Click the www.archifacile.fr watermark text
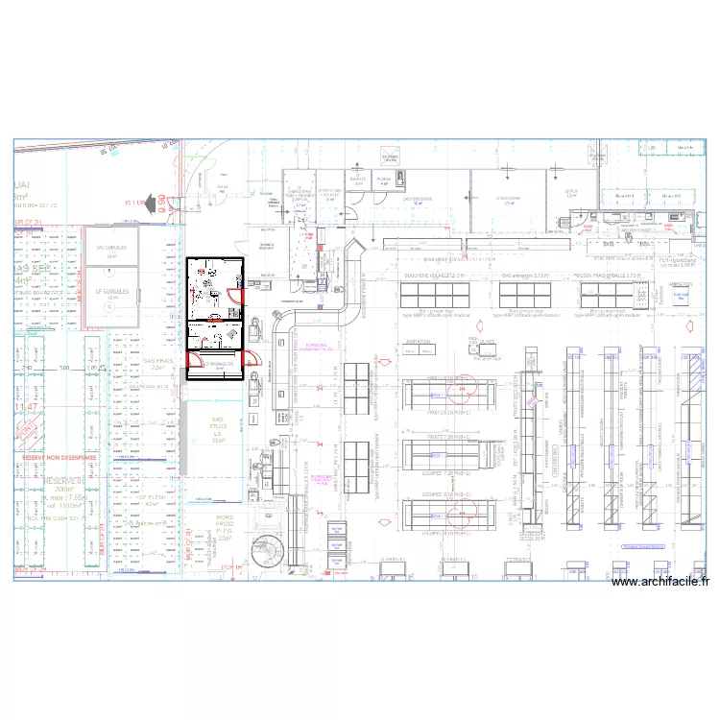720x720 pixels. [660, 582]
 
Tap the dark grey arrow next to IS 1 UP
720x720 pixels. [155, 203]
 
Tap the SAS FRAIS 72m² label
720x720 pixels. [156, 364]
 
